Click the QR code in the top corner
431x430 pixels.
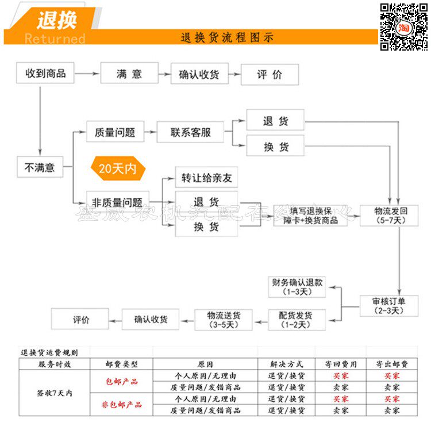[403, 26]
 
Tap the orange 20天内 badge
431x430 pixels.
[118, 169]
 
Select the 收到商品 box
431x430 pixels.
[45, 73]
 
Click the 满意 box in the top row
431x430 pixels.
[129, 74]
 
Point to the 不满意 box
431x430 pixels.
[40, 167]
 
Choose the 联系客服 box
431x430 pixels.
[190, 132]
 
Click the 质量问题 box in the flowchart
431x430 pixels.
[115, 132]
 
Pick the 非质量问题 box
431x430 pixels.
[117, 202]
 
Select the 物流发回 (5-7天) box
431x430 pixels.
[388, 214]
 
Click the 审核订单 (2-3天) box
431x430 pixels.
[388, 305]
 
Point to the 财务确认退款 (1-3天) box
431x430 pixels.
[297, 287]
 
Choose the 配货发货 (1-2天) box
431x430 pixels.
[297, 320]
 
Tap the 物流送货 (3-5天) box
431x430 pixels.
[224, 320]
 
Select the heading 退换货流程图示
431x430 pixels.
[227, 38]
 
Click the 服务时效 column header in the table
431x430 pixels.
[55, 364]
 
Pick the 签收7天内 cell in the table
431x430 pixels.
[55, 393]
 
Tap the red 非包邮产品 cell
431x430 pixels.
[121, 405]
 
